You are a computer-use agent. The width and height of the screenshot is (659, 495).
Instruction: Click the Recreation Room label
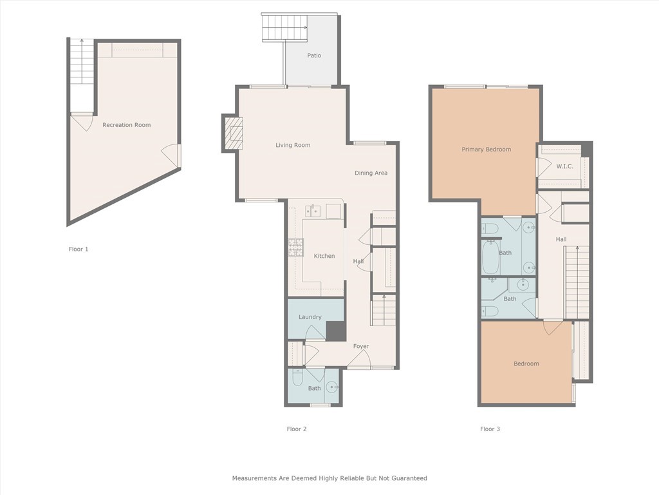pyautogui.click(x=126, y=125)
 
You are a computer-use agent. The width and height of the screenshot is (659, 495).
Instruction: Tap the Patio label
pyautogui.click(x=314, y=55)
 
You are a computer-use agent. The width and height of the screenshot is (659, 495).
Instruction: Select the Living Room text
pyautogui.click(x=293, y=145)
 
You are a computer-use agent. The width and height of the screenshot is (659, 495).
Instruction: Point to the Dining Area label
pyautogui.click(x=371, y=173)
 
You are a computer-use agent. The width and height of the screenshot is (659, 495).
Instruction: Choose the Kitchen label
pyautogui.click(x=324, y=256)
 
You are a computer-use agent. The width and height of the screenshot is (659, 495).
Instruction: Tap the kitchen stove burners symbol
pyautogui.click(x=295, y=247)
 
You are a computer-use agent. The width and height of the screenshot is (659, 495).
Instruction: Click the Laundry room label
pyautogui.click(x=310, y=317)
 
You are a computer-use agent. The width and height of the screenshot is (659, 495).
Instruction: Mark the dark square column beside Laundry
pyautogui.click(x=335, y=331)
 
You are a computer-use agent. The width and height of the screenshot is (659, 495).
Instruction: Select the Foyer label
pyautogui.click(x=360, y=346)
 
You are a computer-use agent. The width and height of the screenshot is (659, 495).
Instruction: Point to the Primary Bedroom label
pyautogui.click(x=486, y=150)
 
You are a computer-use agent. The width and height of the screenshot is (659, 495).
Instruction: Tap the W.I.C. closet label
pyautogui.click(x=564, y=166)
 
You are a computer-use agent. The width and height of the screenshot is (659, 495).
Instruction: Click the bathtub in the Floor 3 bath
pyautogui.click(x=491, y=257)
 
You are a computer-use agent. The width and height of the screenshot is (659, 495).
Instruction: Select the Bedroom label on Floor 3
pyautogui.click(x=526, y=364)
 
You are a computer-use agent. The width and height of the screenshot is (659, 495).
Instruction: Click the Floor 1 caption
pyautogui.click(x=79, y=249)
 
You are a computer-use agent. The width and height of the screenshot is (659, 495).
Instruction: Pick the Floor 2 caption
pyautogui.click(x=297, y=429)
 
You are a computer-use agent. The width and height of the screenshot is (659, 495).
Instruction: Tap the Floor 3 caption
pyautogui.click(x=490, y=429)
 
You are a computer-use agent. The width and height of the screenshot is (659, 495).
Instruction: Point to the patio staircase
pyautogui.click(x=284, y=27)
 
